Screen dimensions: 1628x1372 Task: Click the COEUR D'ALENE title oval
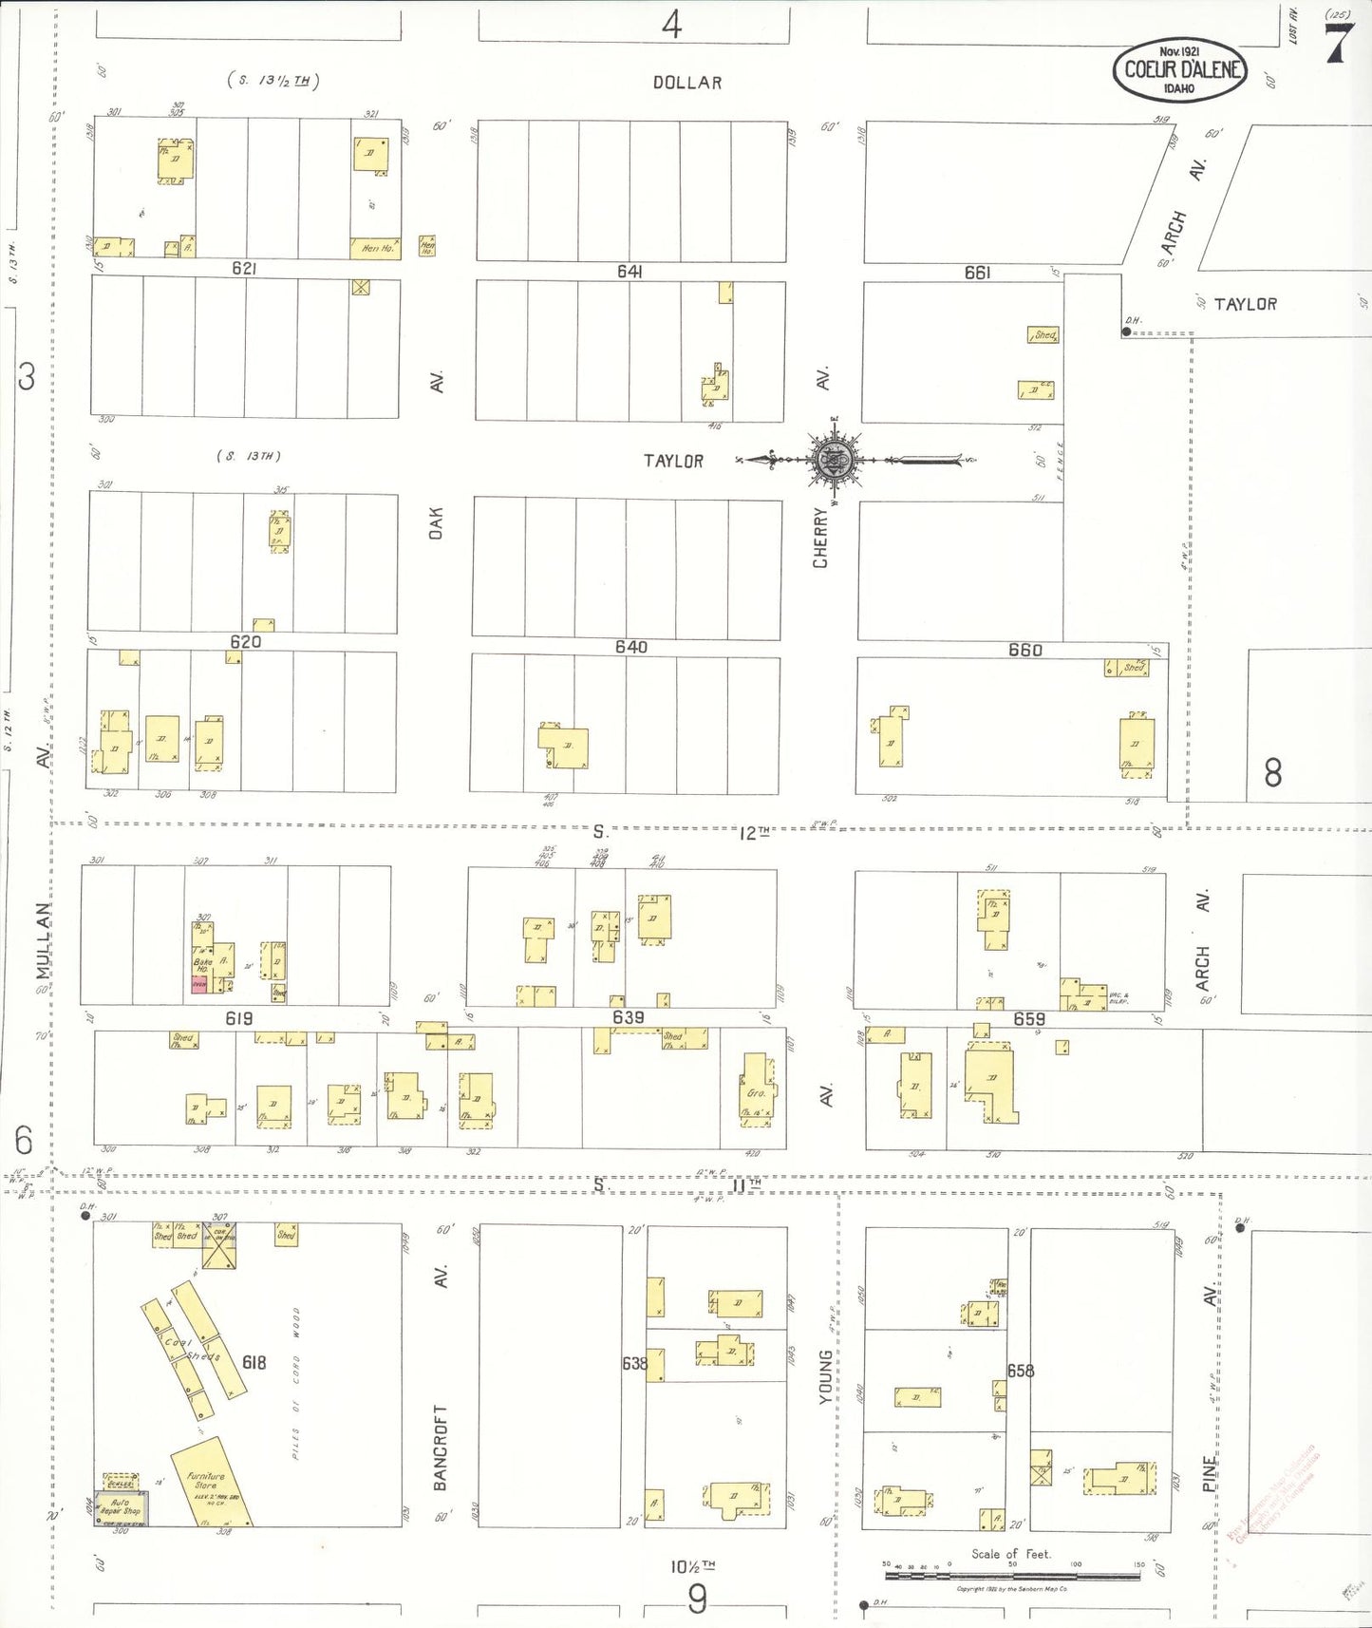click(1179, 69)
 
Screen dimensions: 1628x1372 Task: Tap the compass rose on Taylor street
click(834, 461)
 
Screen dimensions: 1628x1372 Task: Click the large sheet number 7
click(1338, 43)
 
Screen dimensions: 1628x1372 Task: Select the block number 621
click(244, 269)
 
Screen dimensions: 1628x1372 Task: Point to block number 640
click(630, 647)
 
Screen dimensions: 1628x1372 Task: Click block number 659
click(1029, 1019)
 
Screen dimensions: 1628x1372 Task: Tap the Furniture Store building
click(212, 1482)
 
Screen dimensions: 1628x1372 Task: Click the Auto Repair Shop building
click(122, 1508)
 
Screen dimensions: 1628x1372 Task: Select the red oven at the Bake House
click(199, 986)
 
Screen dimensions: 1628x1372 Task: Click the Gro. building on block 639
click(757, 1090)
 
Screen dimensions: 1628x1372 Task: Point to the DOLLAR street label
click(687, 83)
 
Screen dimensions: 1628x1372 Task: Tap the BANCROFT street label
click(440, 1448)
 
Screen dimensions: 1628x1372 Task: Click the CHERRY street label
click(820, 538)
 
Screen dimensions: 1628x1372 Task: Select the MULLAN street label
click(44, 940)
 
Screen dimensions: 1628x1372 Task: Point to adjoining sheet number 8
click(1272, 772)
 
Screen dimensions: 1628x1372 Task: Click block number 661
click(977, 273)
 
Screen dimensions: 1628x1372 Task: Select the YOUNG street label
click(825, 1376)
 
